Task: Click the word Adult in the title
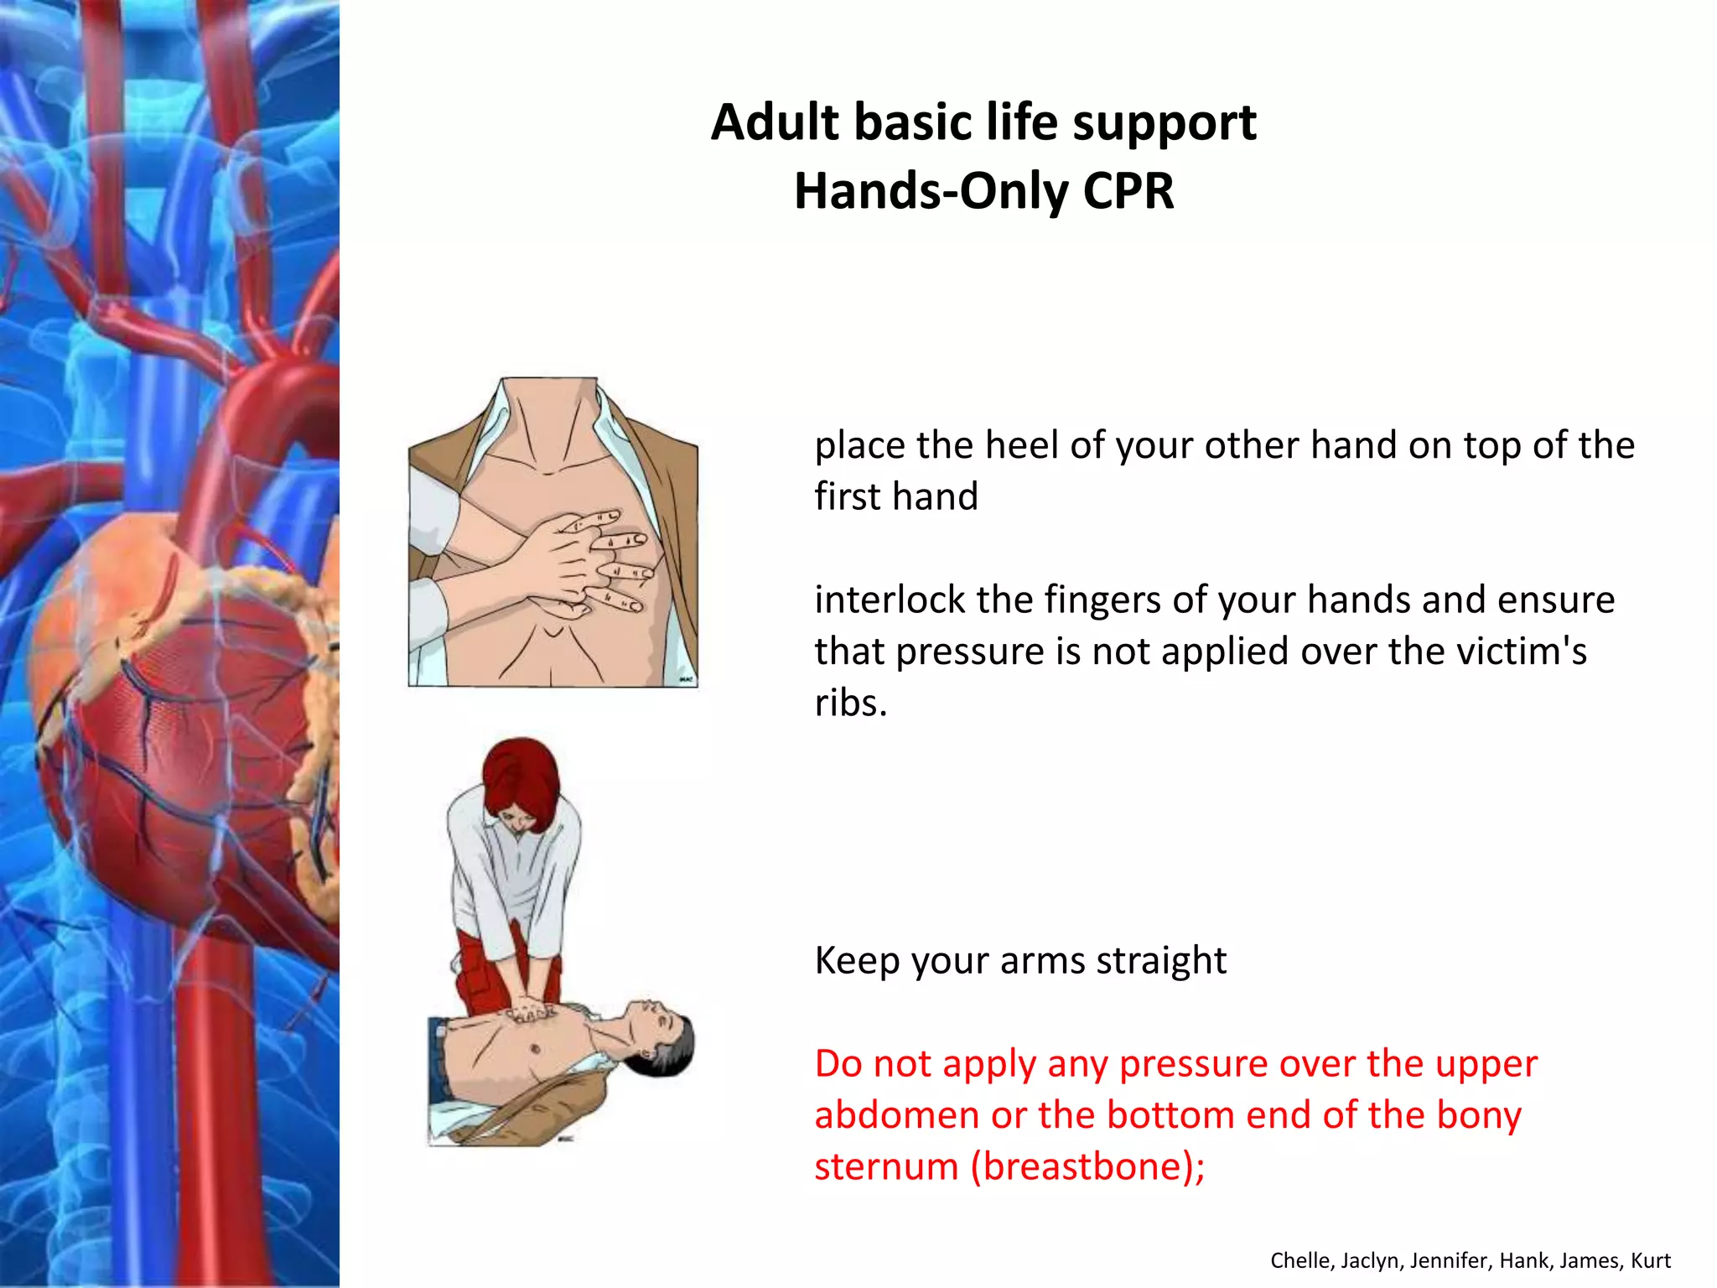(x=775, y=122)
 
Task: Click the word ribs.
(x=850, y=703)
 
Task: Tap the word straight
(x=1161, y=960)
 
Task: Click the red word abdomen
(x=895, y=1115)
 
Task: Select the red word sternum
(x=886, y=1166)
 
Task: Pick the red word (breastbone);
(x=1087, y=1166)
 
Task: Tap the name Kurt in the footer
(x=1651, y=1260)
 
